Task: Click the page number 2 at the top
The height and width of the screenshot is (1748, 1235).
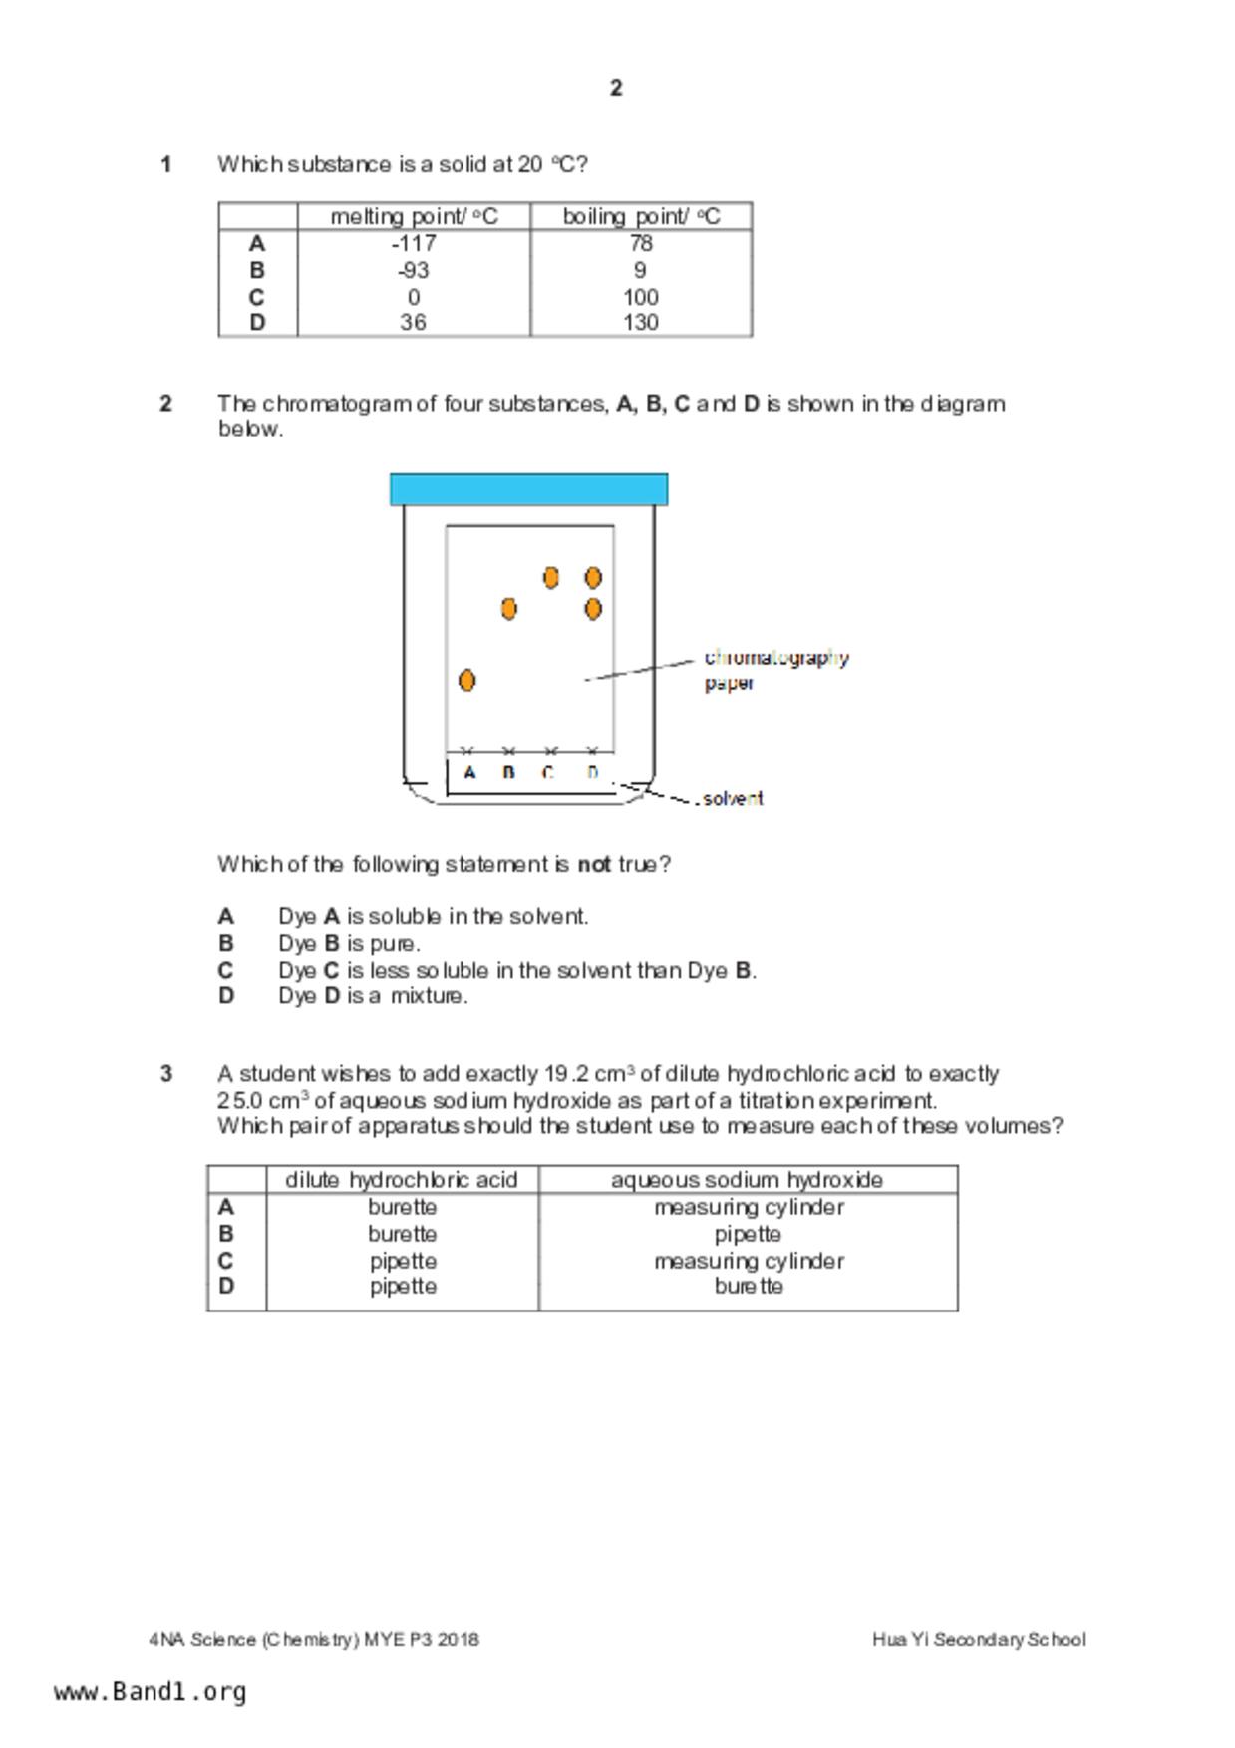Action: [x=616, y=88]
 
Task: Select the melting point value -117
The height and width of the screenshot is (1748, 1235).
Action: [x=414, y=243]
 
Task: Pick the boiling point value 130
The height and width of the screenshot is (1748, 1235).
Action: [x=640, y=322]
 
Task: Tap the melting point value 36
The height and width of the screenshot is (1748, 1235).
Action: [x=413, y=322]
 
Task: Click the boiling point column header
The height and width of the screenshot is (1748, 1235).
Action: [x=641, y=216]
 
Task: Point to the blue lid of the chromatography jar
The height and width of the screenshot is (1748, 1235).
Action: [x=528, y=489]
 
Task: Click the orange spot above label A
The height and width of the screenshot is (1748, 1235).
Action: [x=466, y=680]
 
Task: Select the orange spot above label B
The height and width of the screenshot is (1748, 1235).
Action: [x=509, y=608]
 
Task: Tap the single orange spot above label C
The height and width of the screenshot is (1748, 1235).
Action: [x=551, y=577]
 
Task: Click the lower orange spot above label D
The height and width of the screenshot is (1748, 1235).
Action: [x=593, y=608]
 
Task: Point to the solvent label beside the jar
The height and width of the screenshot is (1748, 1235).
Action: [x=733, y=798]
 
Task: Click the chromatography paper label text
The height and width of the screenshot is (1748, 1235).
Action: [x=775, y=669]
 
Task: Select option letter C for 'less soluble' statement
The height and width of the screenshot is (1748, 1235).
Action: [x=226, y=970]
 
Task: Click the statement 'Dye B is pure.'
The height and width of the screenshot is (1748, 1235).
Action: [x=349, y=943]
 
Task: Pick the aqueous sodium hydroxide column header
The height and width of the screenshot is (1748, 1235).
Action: [x=747, y=1180]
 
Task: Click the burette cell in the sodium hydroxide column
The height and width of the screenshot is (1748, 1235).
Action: [x=749, y=1286]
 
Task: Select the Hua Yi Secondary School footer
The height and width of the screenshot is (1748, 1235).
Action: [x=978, y=1639]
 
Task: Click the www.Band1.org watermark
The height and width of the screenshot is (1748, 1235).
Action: [x=151, y=1691]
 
